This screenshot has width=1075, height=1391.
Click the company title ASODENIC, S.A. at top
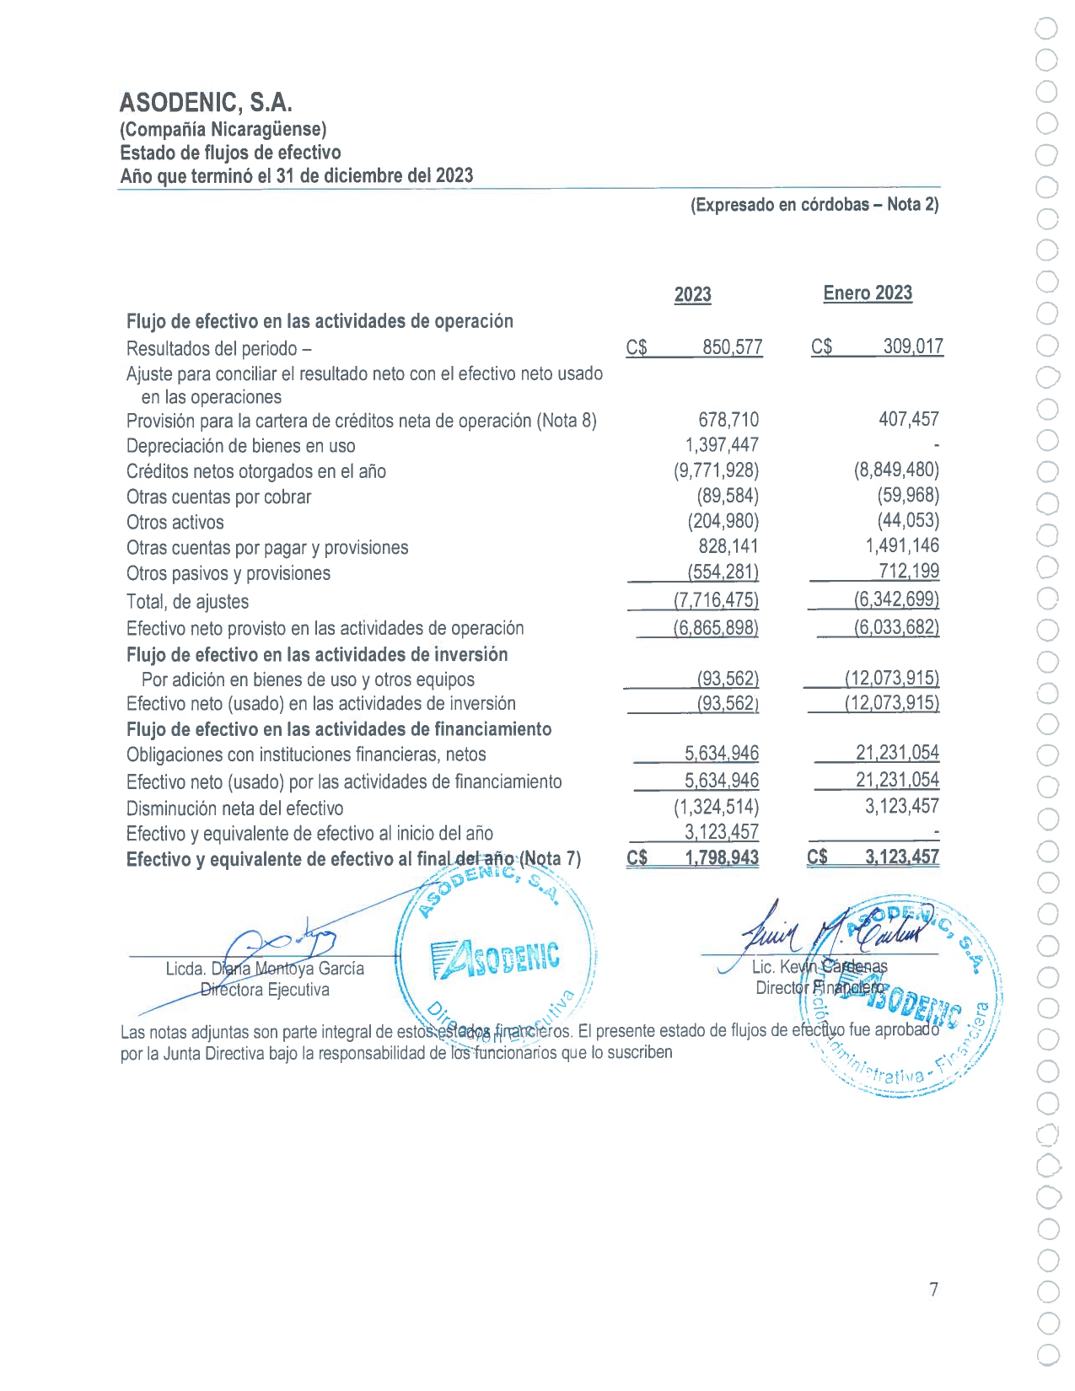pyautogui.click(x=206, y=103)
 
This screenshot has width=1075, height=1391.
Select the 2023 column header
pyautogui.click(x=692, y=294)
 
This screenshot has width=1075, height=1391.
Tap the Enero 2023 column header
pyautogui.click(x=868, y=293)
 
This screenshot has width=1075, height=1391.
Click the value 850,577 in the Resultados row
pyautogui.click(x=732, y=347)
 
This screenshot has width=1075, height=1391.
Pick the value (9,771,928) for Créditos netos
pyautogui.click(x=716, y=470)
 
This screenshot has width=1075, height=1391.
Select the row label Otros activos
pyautogui.click(x=175, y=523)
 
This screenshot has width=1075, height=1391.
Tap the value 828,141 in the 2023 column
pyautogui.click(x=728, y=546)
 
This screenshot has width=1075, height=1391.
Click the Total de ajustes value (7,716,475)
pyautogui.click(x=716, y=600)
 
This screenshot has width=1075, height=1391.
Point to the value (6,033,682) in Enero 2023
pyautogui.click(x=896, y=627)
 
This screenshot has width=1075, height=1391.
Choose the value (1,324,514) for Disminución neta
pyautogui.click(x=716, y=807)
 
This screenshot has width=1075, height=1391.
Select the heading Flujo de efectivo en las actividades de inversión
pyautogui.click(x=317, y=655)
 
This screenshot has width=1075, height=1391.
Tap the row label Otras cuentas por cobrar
pyautogui.click(x=218, y=497)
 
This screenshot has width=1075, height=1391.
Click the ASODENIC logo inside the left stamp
pyautogui.click(x=496, y=959)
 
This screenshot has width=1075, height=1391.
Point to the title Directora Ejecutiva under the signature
pyautogui.click(x=265, y=990)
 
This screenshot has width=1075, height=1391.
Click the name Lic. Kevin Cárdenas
pyautogui.click(x=819, y=967)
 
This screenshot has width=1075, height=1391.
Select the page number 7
pyautogui.click(x=933, y=1289)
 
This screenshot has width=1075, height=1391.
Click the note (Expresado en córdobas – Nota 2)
pyautogui.click(x=814, y=205)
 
